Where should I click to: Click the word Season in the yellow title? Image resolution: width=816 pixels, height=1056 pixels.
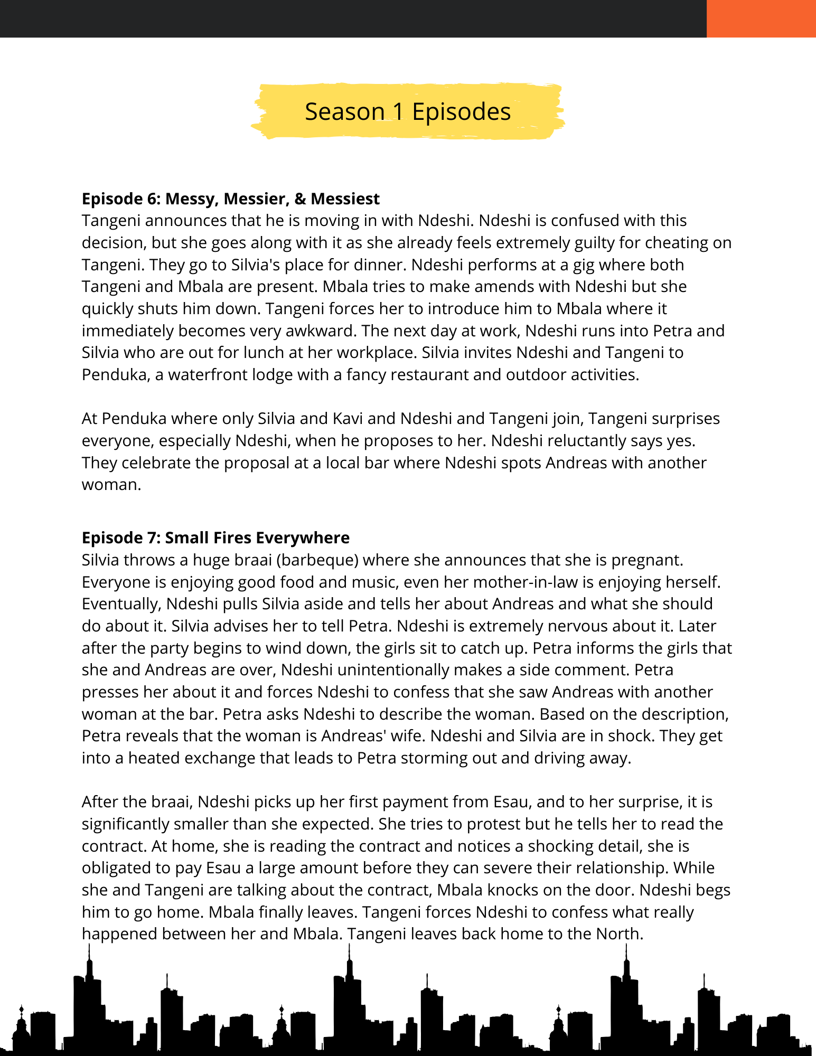point(344,112)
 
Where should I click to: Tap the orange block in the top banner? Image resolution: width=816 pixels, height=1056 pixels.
point(761,18)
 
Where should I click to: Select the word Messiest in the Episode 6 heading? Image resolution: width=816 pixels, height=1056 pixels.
point(345,199)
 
